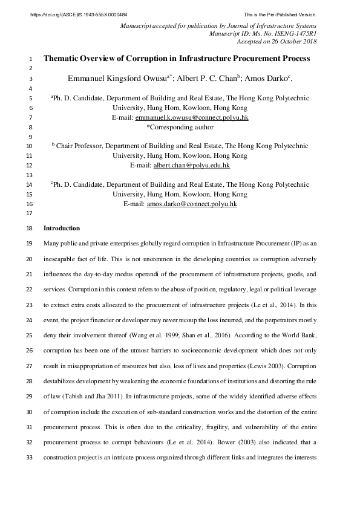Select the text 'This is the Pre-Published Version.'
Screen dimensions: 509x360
point(280,14)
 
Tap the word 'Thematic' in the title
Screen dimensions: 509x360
point(64,59)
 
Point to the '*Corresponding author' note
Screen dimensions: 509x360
point(180,127)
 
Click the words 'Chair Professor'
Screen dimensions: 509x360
point(80,146)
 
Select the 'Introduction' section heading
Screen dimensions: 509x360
point(62,229)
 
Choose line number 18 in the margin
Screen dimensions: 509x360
point(30,229)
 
